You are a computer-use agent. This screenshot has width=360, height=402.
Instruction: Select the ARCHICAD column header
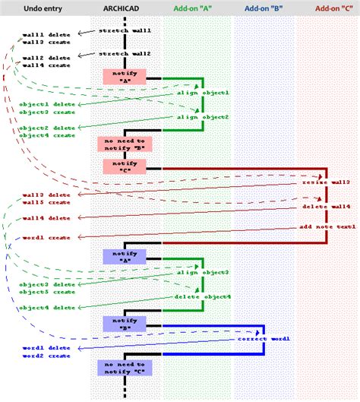(124, 7)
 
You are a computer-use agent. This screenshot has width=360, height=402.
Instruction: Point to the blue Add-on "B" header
(265, 7)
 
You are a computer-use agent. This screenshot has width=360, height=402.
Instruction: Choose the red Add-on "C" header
(332, 7)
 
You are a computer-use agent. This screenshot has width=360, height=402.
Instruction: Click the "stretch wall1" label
(125, 31)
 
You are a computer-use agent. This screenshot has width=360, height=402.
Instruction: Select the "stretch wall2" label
(125, 55)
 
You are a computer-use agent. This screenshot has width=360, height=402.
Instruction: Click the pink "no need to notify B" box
(124, 144)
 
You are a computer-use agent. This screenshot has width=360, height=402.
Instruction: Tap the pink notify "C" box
(124, 167)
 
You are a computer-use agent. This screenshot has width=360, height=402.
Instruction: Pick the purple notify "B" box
(124, 324)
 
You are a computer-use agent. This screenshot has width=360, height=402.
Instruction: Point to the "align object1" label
(203, 93)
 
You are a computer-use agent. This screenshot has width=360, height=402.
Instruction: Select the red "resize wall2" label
(326, 183)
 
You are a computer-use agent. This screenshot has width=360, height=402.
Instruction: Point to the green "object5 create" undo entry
(47, 292)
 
